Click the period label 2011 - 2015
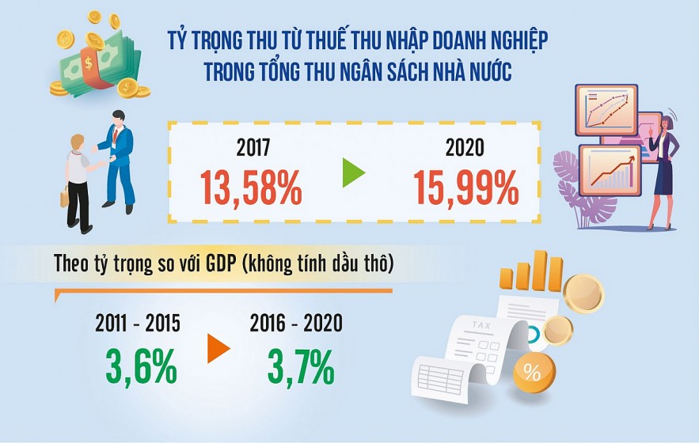(138, 324)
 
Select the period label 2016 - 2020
(296, 324)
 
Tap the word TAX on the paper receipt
(481, 325)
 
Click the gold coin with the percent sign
(533, 373)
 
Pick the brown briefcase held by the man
(65, 195)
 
